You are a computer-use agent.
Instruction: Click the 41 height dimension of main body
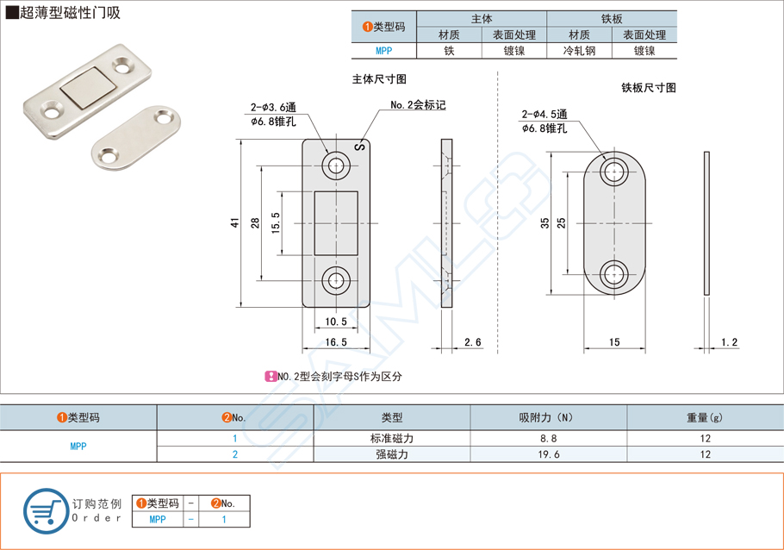click(234, 222)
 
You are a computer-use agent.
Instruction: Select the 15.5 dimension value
click(275, 222)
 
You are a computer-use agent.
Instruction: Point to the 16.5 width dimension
click(336, 342)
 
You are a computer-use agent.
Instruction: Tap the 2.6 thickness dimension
click(472, 342)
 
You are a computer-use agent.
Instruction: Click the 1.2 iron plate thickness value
click(729, 342)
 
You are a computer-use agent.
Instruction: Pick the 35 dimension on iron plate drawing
click(544, 222)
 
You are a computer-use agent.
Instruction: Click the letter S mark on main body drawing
click(360, 147)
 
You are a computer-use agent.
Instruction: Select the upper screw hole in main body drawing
click(336, 166)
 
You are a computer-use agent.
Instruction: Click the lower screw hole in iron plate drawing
click(614, 274)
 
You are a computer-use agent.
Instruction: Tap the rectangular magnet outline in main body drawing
click(336, 222)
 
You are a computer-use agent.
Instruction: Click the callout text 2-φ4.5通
click(544, 114)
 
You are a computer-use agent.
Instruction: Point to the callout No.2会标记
click(419, 104)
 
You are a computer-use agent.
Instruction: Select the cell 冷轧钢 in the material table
click(579, 51)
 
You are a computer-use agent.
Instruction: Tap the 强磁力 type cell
click(391, 454)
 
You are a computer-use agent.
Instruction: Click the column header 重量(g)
click(705, 417)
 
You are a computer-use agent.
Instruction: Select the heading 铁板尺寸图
click(648, 88)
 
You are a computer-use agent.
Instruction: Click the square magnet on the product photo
click(84, 90)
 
